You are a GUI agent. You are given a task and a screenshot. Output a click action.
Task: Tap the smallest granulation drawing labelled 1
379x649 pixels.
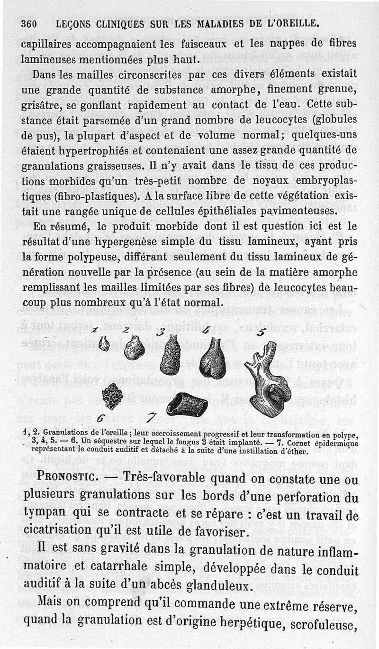tap(104, 343)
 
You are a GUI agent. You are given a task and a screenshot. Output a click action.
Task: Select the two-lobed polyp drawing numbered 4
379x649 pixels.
tap(213, 359)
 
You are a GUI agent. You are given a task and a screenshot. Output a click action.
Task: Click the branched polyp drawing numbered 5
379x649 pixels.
tap(269, 380)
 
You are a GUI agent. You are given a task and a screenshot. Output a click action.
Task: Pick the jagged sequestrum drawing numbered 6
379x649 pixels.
tap(113, 396)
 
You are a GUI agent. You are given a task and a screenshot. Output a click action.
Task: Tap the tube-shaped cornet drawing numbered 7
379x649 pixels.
tap(186, 405)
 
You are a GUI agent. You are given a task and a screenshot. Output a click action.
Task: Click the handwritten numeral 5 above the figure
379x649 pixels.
tap(261, 332)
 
